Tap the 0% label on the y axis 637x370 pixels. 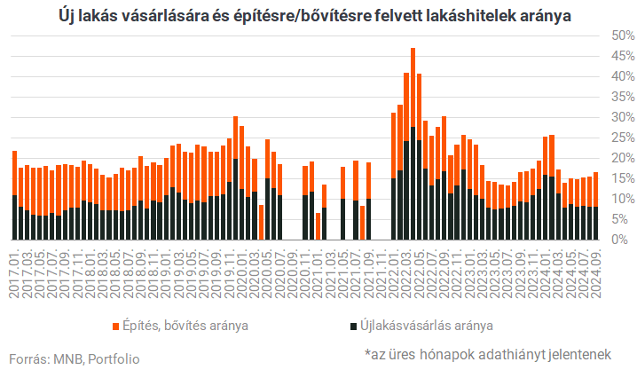tap(622, 240)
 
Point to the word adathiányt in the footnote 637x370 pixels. tap(499, 355)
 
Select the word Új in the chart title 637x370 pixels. tap(69, 15)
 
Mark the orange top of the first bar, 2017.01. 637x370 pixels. tap(15, 173)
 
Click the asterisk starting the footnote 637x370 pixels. tap(368, 353)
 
